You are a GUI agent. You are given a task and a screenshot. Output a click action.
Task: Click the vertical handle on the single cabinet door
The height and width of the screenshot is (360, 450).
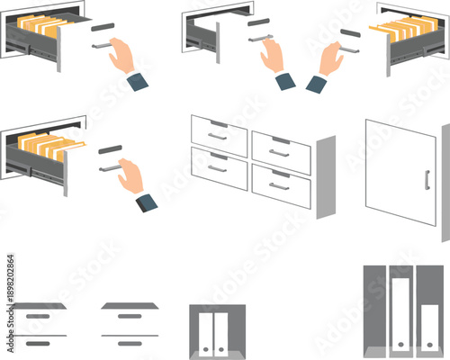[x=427, y=180]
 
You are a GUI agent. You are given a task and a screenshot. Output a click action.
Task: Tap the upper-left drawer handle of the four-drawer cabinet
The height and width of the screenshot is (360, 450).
[x=217, y=137]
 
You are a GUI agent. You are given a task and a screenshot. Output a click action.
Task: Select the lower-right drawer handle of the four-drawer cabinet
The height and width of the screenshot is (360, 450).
[x=279, y=186]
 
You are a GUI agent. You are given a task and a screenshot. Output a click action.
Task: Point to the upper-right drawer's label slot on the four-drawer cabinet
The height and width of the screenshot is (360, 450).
[x=280, y=140]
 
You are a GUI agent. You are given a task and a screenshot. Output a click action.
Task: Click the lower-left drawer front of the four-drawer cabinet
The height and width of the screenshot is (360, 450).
[x=219, y=169]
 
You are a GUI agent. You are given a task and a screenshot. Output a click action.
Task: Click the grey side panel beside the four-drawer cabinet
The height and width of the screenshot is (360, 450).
[x=325, y=177]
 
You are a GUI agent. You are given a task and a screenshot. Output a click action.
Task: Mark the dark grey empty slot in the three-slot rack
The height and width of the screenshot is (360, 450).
[x=373, y=306]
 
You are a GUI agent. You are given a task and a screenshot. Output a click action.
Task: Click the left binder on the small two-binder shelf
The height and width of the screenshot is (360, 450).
[x=206, y=333]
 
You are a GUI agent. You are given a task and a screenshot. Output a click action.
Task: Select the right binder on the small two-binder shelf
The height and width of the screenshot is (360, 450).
[x=220, y=333]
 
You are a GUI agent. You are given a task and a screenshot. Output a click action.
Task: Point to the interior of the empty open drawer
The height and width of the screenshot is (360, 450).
[x=200, y=34]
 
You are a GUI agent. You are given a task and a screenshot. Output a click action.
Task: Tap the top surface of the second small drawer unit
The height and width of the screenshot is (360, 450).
[x=130, y=306]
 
